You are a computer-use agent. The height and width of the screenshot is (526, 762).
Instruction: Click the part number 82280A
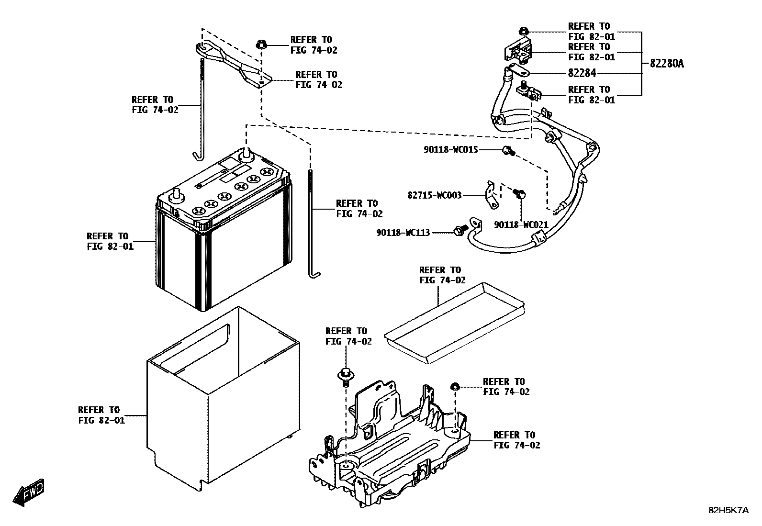point(667,63)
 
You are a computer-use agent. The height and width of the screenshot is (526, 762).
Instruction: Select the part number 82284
point(582,74)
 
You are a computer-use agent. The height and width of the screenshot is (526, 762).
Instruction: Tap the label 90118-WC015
point(450,150)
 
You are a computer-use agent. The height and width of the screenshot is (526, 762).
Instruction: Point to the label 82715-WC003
point(435,195)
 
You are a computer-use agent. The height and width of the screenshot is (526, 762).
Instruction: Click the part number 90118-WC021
point(521,224)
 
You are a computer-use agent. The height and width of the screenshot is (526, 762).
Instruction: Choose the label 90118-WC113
point(403,233)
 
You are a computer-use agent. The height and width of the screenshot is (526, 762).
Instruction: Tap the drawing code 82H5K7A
point(728,510)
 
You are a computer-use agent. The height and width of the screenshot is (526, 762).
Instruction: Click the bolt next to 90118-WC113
point(459,231)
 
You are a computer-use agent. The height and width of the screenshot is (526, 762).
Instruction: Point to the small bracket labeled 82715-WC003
point(490,195)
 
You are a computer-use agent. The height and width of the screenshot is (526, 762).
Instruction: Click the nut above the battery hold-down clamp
point(261,44)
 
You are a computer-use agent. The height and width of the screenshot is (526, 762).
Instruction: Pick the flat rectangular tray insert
point(455,321)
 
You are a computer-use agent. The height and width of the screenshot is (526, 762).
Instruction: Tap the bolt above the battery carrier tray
point(345,374)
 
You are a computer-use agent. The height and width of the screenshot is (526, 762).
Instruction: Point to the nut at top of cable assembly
point(524,32)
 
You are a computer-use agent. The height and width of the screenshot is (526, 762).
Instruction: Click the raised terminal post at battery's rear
point(247,153)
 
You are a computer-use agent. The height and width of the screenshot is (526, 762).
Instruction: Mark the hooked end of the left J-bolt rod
point(198,156)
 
